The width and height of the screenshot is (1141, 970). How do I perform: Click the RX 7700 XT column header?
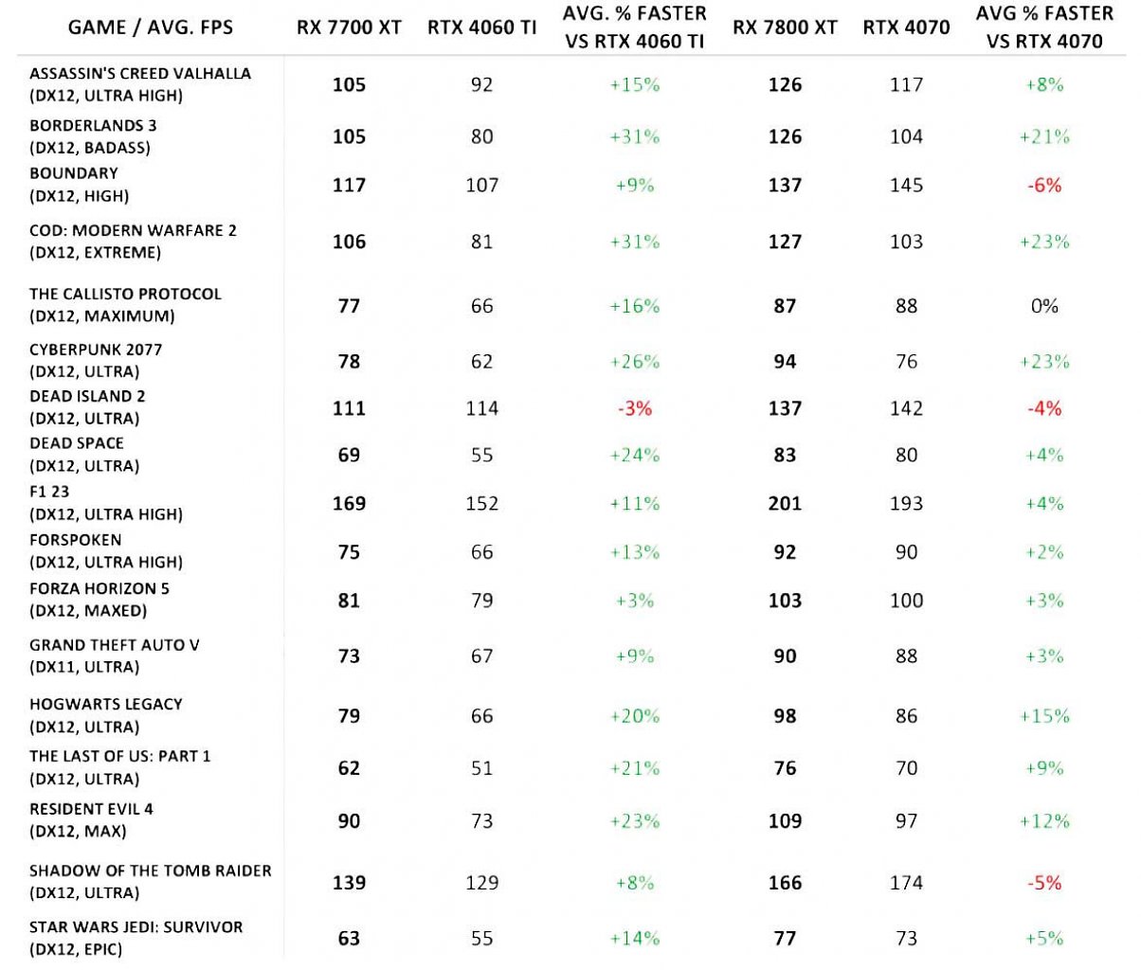[349, 27]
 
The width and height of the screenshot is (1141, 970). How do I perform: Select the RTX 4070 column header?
[906, 27]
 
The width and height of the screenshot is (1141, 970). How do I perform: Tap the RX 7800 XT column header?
[785, 27]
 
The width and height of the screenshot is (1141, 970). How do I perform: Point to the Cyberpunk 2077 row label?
[96, 360]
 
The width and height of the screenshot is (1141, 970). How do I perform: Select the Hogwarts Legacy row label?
[105, 715]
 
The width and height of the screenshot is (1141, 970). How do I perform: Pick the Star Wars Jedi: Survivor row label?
[136, 938]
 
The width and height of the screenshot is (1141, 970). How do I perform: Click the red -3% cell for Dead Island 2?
[635, 408]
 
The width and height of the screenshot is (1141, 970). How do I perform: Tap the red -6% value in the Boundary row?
[1044, 185]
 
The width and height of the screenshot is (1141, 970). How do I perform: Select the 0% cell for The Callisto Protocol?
[1044, 306]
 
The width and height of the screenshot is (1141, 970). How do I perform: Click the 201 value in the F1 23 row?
[785, 503]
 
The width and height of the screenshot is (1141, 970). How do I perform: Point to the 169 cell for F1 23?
[349, 503]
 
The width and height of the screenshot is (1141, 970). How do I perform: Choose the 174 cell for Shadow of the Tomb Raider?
[906, 882]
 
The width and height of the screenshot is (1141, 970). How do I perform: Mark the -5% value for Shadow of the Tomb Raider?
[1044, 882]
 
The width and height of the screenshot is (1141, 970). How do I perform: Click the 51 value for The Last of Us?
[482, 767]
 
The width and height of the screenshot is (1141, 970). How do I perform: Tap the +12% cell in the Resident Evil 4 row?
[1044, 821]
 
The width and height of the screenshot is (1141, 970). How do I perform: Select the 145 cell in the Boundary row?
[906, 185]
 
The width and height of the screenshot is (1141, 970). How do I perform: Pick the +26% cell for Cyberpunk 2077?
[635, 362]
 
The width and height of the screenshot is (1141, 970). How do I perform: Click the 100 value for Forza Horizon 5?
[906, 601]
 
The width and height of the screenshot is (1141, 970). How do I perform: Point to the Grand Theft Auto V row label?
[115, 656]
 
